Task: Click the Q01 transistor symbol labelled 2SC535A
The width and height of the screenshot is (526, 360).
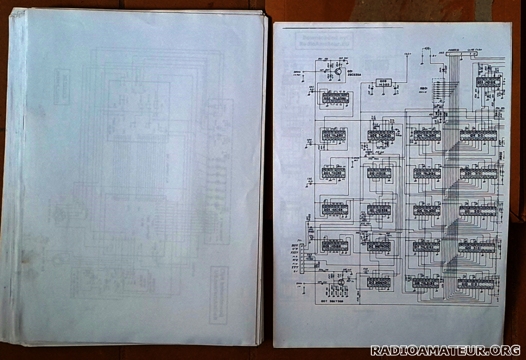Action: [339, 73]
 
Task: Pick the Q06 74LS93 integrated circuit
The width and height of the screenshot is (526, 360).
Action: [335, 245]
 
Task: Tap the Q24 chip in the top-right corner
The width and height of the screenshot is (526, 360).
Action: [489, 81]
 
